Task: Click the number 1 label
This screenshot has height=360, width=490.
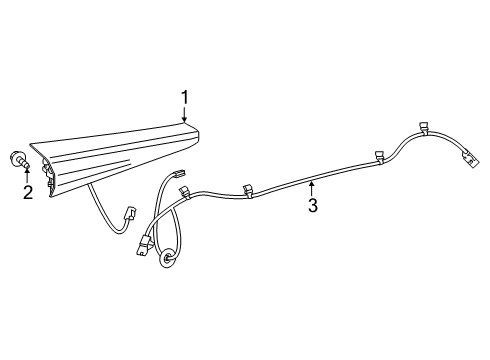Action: tap(184, 96)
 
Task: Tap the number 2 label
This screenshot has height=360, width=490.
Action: tap(28, 191)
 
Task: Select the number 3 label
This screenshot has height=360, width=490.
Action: tap(312, 206)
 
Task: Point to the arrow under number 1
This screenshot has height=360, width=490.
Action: tap(184, 115)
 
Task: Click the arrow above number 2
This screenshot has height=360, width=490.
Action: tap(28, 172)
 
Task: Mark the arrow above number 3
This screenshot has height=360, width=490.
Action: tap(312, 186)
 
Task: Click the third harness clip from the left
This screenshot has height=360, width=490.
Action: tap(380, 155)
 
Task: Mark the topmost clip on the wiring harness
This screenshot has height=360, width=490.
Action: tap(424, 128)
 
